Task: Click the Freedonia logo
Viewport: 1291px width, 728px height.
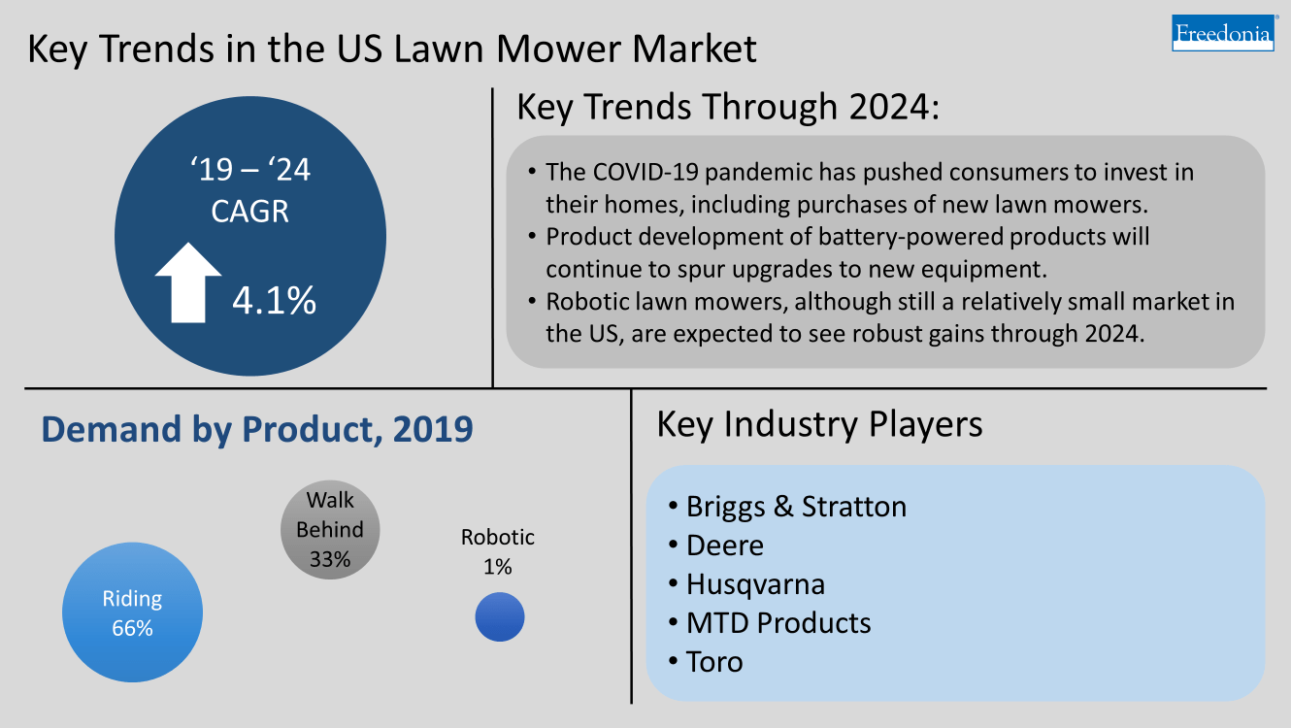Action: click(1222, 33)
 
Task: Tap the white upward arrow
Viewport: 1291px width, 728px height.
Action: click(187, 282)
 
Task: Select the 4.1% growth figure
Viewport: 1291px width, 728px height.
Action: click(275, 301)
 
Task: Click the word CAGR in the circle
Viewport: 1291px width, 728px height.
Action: click(250, 211)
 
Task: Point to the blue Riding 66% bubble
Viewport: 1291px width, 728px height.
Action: click(132, 613)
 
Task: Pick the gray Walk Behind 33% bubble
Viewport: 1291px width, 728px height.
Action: click(330, 530)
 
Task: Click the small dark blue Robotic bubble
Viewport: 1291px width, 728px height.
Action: click(500, 617)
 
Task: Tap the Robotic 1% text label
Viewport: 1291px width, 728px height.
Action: click(497, 551)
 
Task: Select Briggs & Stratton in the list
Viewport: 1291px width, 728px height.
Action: click(795, 507)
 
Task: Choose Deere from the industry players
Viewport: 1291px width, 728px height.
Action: click(724, 546)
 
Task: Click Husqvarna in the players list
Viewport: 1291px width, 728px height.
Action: click(755, 584)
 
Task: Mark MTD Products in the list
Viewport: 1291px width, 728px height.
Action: click(778, 622)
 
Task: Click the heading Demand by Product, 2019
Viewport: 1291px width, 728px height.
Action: click(256, 428)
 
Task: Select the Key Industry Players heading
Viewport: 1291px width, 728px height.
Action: click(819, 424)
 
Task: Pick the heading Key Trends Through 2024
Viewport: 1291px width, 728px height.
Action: click(728, 108)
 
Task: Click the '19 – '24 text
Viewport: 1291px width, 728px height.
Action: click(250, 171)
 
